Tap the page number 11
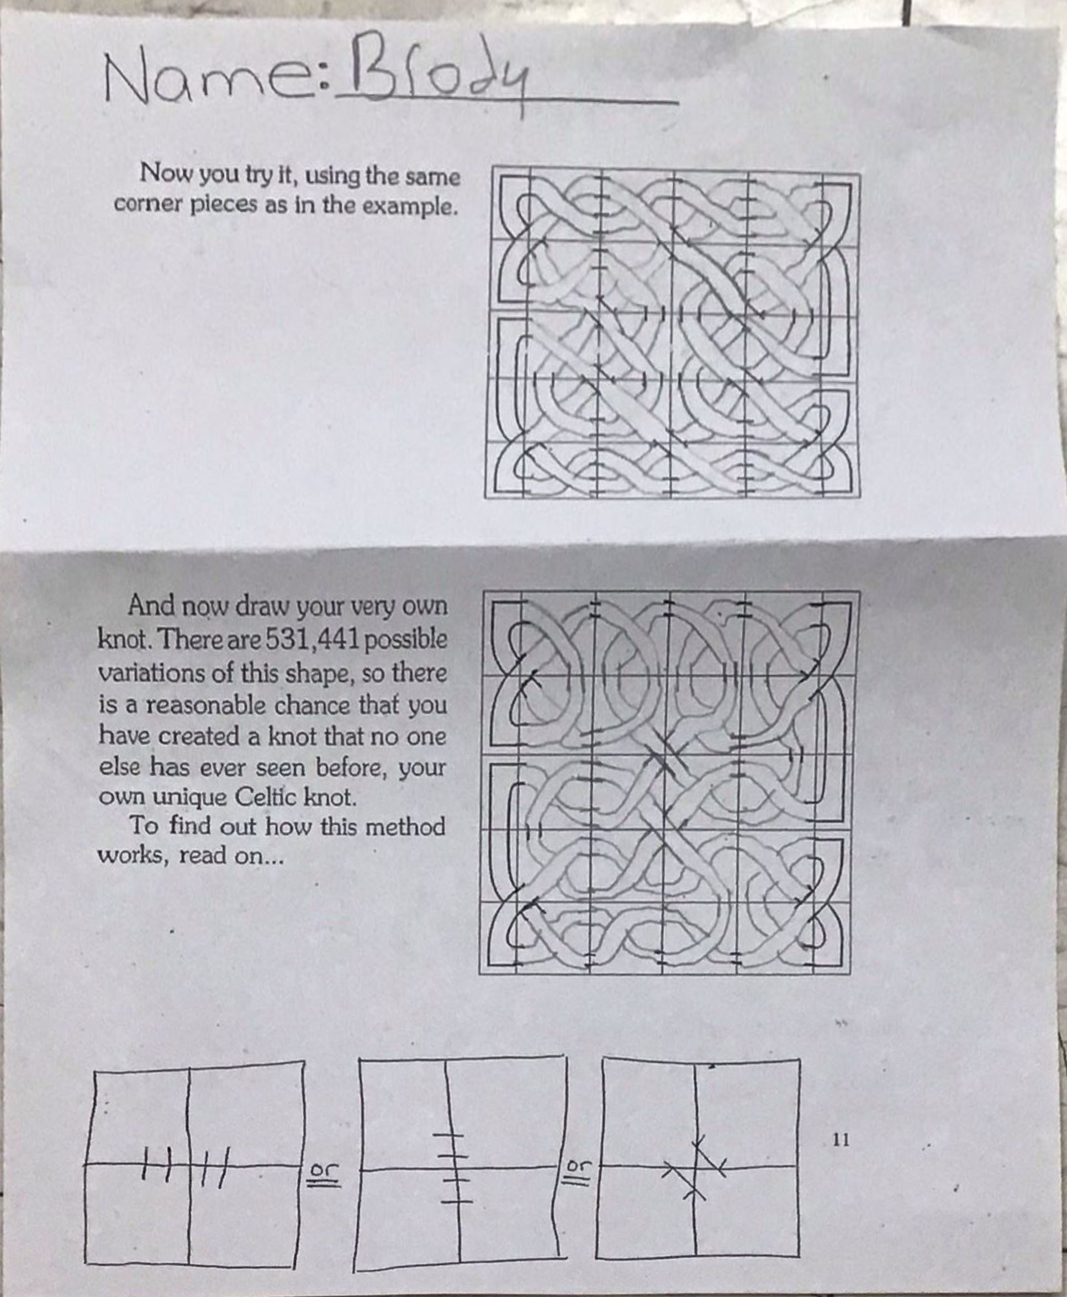click(841, 709)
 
